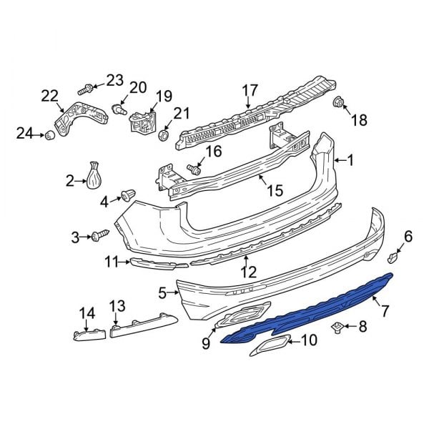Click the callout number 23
pos(114,79)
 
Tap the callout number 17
pos(249,90)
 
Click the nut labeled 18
pos(338,104)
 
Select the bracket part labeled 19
pos(143,122)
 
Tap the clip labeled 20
pos(119,109)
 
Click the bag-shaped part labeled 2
pos(96,178)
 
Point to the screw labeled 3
pos(99,235)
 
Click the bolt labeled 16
pos(192,169)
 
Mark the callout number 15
pos(275,191)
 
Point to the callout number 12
pos(247,271)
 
